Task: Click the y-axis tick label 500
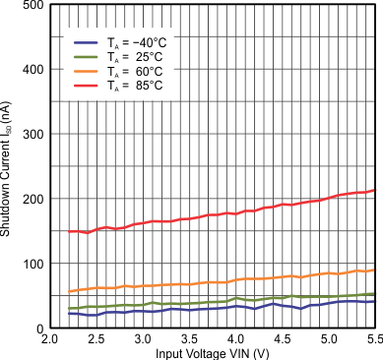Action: pos(31,6)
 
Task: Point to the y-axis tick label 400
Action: pos(31,69)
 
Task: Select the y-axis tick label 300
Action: pos(31,134)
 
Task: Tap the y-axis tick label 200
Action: pos(31,199)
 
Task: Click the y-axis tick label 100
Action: pos(31,264)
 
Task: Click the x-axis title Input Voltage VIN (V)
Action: pos(212,352)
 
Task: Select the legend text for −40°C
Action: pos(144,42)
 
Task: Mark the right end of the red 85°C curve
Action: pos(375,190)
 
